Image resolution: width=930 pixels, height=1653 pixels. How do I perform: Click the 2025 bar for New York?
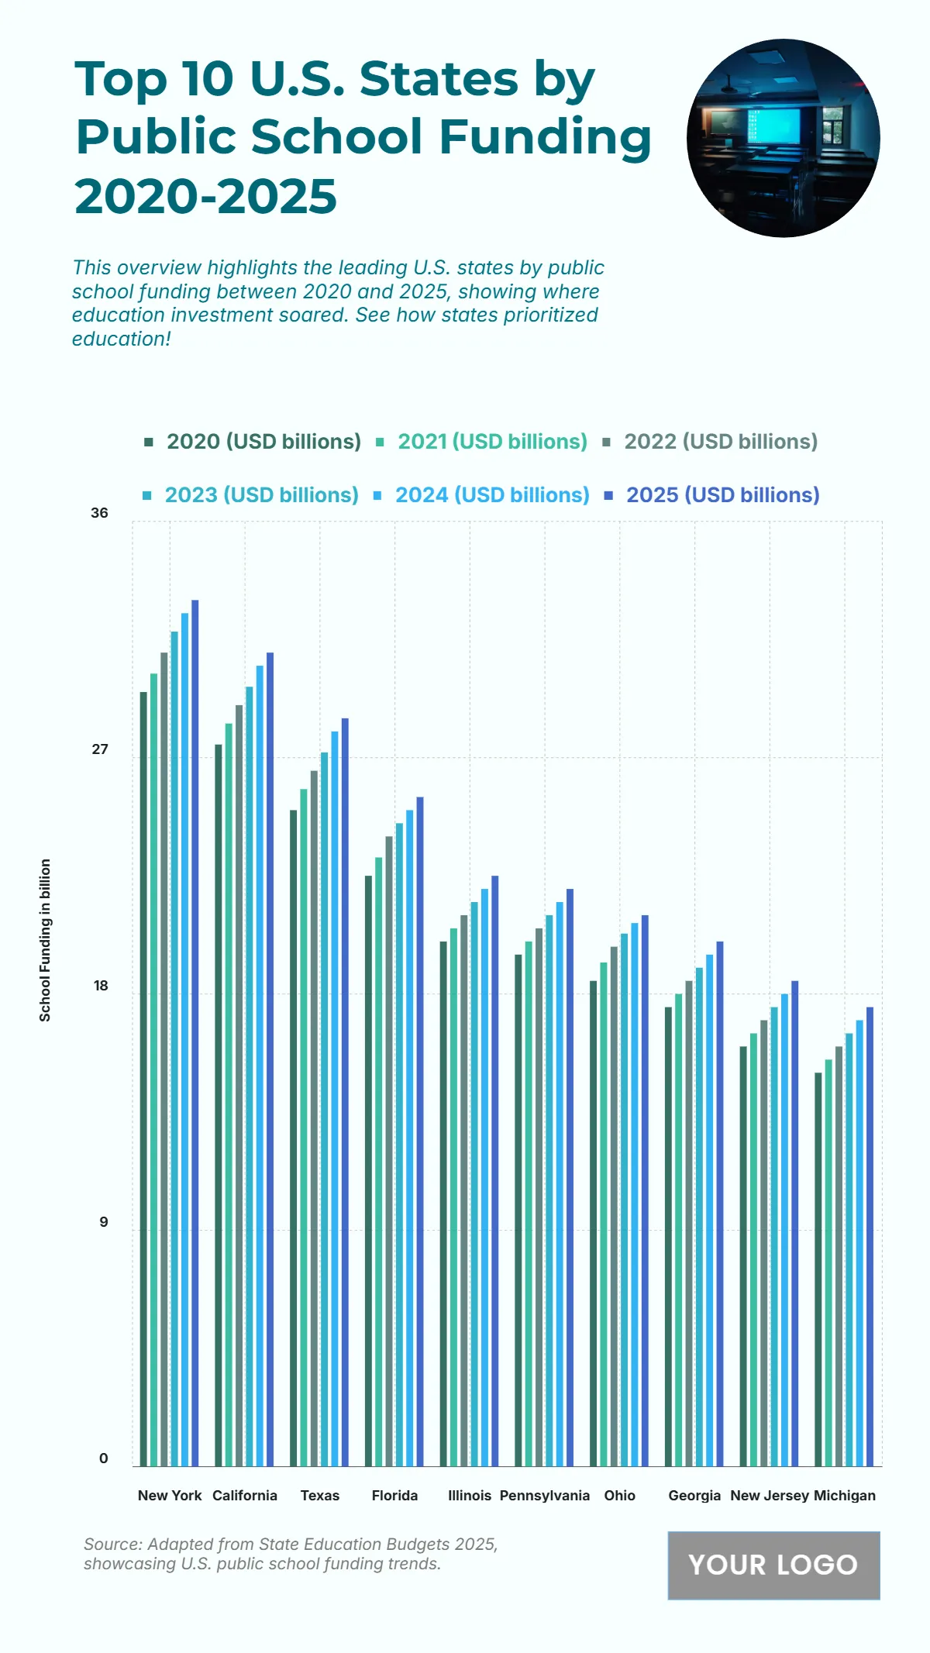click(195, 1032)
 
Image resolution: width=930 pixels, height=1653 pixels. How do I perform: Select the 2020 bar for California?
click(219, 1105)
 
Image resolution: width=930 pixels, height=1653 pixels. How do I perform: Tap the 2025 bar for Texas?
click(345, 1092)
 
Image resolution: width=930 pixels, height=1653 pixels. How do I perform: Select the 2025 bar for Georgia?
click(720, 1204)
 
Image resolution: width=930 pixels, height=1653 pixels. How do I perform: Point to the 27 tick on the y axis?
click(100, 749)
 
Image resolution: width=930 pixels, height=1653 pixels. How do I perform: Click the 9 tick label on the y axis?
click(103, 1222)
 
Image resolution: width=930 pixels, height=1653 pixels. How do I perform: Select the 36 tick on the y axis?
click(100, 513)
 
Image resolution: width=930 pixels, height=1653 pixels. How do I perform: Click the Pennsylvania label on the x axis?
click(545, 1496)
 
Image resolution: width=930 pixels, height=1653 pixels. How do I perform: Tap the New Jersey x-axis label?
click(770, 1496)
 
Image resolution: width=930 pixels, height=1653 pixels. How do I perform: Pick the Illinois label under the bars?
click(470, 1496)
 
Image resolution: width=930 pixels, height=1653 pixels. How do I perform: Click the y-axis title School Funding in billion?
click(46, 940)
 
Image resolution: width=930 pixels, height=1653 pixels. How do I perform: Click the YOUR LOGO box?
click(773, 1565)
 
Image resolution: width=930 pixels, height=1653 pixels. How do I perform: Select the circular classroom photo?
click(783, 138)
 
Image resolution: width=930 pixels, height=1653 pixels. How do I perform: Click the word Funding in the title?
click(546, 137)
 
